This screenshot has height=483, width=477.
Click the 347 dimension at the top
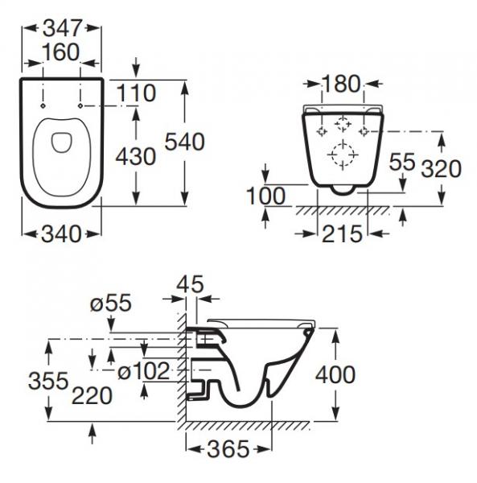click(x=62, y=27)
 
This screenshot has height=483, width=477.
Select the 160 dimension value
click(x=62, y=52)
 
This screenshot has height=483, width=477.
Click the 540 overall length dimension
click(x=185, y=142)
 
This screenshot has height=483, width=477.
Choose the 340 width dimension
click(x=61, y=234)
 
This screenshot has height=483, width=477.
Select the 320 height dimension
click(x=441, y=168)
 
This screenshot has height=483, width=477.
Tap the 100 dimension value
click(x=267, y=196)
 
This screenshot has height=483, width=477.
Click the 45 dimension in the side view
click(x=191, y=284)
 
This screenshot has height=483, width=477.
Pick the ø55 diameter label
click(x=111, y=303)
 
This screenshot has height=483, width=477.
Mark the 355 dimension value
click(x=44, y=381)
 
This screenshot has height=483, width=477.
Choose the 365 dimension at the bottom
click(x=228, y=451)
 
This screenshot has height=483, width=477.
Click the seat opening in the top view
click(x=61, y=143)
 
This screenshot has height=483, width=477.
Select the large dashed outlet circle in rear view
click(x=343, y=154)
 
